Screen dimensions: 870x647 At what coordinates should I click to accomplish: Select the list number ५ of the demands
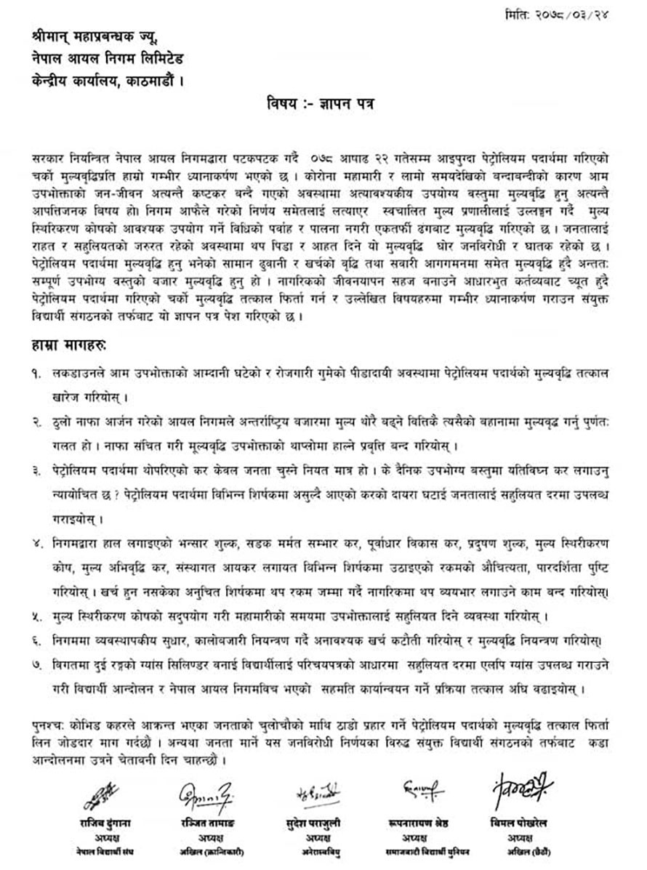[x=38, y=616]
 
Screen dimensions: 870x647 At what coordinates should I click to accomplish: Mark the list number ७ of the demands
[x=38, y=664]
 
